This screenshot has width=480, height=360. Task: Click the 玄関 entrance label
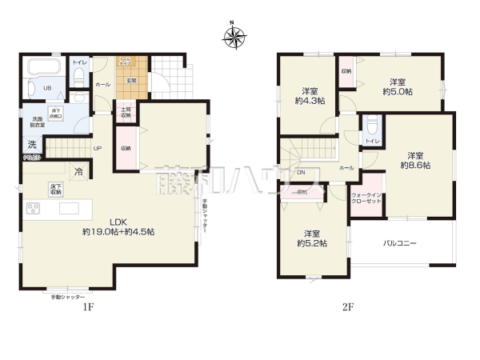(129, 80)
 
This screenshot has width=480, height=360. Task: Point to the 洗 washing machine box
(32, 145)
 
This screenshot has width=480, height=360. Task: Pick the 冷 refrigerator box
(78, 170)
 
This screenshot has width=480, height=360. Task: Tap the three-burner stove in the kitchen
(34, 209)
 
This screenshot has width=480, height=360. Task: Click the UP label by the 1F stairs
(97, 148)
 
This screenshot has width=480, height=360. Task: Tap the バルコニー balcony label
(400, 243)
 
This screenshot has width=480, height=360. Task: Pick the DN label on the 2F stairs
(301, 173)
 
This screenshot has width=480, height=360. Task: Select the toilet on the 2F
(370, 131)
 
